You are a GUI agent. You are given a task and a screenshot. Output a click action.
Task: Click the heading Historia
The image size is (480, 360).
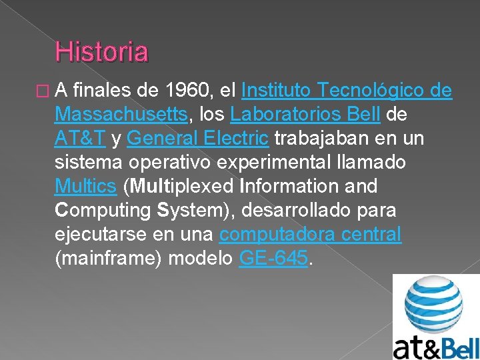102,51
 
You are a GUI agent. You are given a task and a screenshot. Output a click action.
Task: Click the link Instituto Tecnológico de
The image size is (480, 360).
347,90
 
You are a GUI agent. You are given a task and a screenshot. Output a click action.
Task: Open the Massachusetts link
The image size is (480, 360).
121,114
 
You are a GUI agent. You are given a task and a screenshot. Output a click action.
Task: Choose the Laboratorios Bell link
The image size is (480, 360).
305,114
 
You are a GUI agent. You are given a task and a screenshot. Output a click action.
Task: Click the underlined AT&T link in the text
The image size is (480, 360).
80,138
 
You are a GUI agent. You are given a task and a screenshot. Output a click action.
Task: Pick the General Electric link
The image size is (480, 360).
197,138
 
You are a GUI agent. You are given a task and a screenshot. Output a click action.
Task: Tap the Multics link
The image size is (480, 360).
85,186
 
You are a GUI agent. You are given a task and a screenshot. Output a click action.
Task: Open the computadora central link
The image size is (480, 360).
310,234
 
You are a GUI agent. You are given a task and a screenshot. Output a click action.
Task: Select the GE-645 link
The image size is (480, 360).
273,258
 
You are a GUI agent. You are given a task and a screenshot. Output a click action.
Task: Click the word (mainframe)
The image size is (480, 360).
109,258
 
